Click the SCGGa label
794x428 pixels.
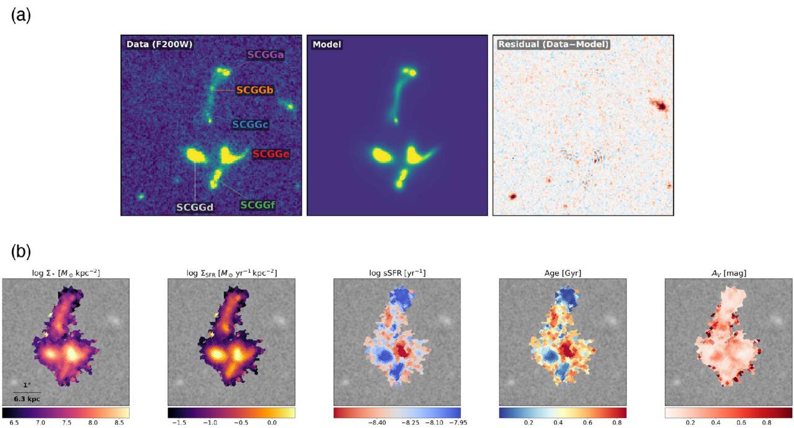point(265,55)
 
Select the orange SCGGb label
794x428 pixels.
point(255,91)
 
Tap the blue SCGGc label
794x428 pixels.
point(250,124)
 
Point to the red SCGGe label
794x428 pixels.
point(271,154)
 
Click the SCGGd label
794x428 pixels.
point(195,207)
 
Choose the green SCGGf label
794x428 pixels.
point(257,205)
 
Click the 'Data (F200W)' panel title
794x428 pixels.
point(159,44)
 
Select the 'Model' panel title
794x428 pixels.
point(327,44)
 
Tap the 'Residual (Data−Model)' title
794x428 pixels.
point(553,44)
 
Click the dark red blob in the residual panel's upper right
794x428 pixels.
point(660,105)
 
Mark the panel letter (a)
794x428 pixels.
point(21,16)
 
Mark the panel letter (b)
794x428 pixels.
point(21,251)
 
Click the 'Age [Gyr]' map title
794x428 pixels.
point(563,273)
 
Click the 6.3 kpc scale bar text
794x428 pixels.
point(27,399)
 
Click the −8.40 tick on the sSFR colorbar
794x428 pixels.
point(377,422)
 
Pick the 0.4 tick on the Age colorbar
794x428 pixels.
point(558,422)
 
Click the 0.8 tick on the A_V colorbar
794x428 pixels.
point(767,422)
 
